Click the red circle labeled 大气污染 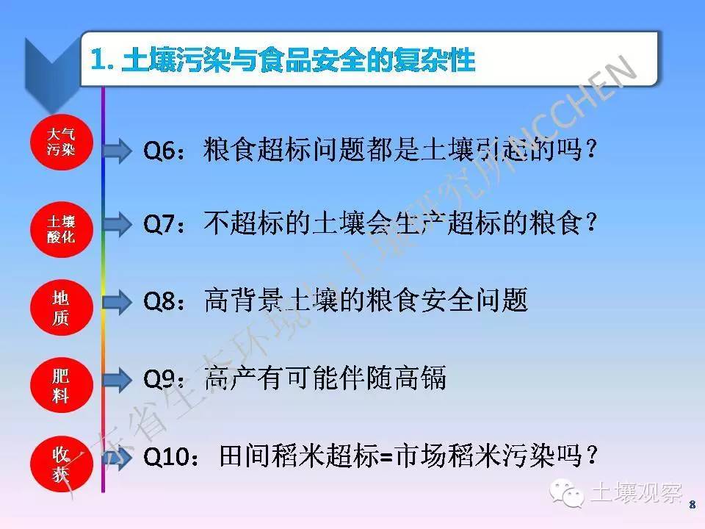61,142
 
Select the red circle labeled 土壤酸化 61,229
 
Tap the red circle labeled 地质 61,308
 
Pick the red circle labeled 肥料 61,385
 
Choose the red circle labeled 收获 61,464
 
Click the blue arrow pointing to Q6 117,150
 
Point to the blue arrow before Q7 117,224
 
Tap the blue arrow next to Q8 117,301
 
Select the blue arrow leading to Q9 117,379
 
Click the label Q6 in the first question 159,151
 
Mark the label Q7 159,224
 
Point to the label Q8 159,301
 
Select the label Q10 166,457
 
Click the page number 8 693,505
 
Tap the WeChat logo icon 566,492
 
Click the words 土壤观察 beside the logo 637,492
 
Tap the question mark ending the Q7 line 591,223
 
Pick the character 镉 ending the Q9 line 433,378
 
